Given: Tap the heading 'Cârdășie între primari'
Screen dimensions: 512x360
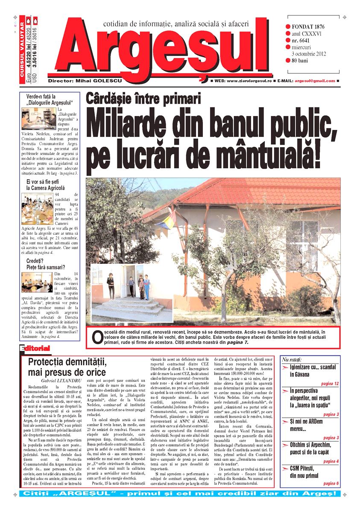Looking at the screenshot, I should click(x=143, y=99).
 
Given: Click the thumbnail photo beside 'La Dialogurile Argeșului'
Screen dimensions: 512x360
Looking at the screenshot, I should click(x=38, y=118).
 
